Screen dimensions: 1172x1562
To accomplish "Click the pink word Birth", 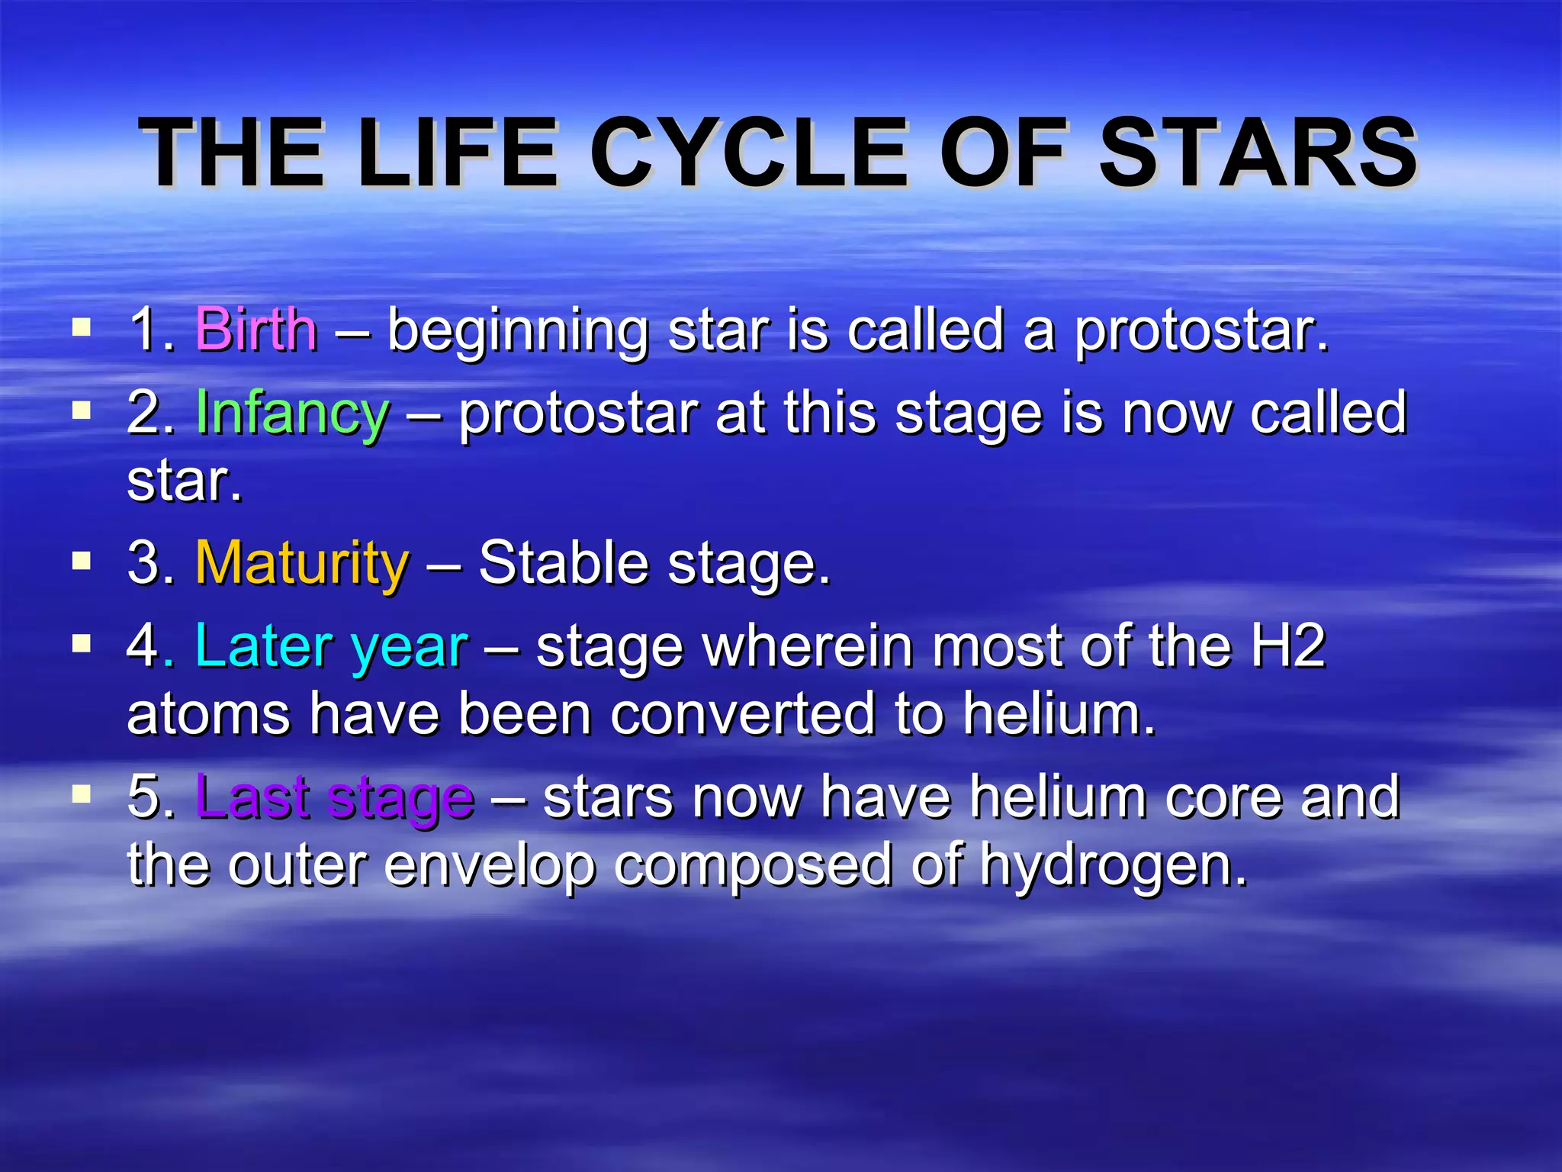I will click(x=256, y=330).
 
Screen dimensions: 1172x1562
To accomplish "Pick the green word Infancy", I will click(x=293, y=413).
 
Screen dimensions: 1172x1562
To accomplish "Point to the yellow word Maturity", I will click(x=302, y=563).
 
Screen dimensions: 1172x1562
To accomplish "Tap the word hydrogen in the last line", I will click(x=1114, y=867).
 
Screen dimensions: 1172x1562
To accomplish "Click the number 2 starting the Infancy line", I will click(x=143, y=413).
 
